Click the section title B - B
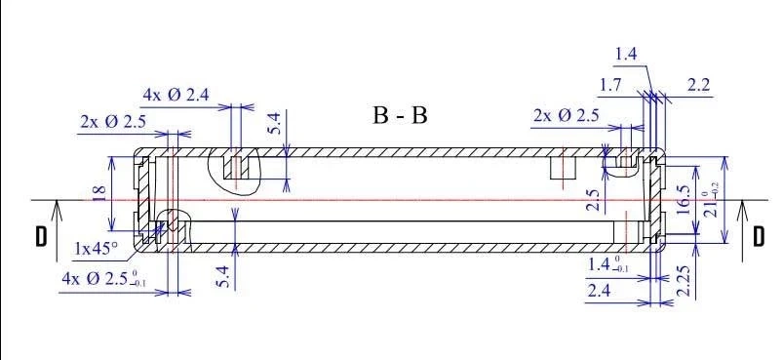pos(400,115)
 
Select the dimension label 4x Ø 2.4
pos(176,95)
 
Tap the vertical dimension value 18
pos(98,192)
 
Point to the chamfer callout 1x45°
pos(96,248)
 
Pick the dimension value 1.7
pos(609,86)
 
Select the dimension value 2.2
pos(698,86)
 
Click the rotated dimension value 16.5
pos(684,200)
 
